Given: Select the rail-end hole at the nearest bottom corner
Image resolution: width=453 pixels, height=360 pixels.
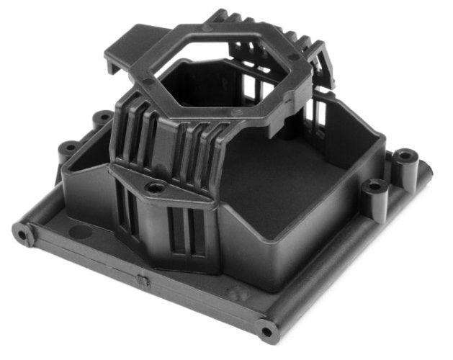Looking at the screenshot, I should tap(267, 331).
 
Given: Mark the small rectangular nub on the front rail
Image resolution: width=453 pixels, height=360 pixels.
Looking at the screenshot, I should tap(143, 281).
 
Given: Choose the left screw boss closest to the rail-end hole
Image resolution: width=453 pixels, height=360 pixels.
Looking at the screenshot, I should tap(68, 148).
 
